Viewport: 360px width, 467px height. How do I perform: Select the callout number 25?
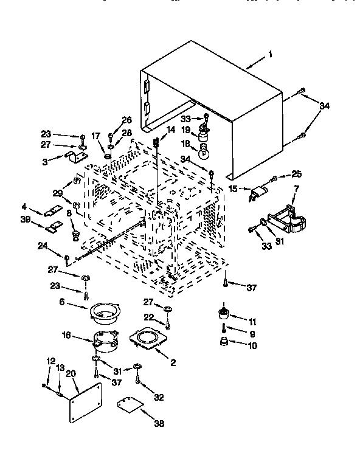point(296,174)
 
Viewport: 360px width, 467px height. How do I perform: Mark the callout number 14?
point(171,130)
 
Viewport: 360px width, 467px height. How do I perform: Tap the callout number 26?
point(126,119)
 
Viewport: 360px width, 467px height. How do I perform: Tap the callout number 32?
point(159,398)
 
